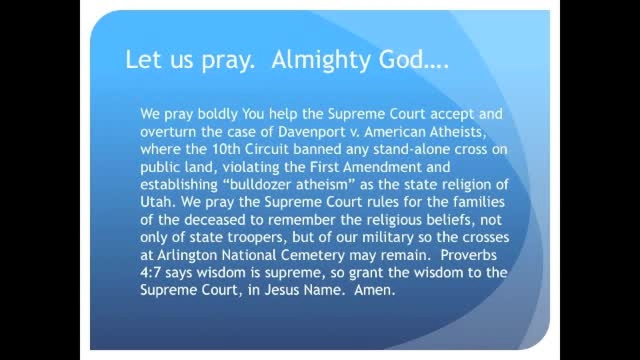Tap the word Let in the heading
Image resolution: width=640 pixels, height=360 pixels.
point(141,59)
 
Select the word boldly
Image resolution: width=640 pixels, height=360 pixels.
point(217,114)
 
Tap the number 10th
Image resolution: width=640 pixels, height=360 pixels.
point(227,149)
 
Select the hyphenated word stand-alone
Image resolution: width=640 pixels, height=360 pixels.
point(413,149)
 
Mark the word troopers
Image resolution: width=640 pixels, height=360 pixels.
point(257,237)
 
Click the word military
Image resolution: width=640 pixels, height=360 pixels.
point(387,237)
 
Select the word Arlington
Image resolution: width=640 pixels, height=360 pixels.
point(187,255)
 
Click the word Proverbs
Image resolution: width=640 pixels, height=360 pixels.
point(469,255)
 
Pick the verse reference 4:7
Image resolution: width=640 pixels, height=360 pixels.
point(151,272)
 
